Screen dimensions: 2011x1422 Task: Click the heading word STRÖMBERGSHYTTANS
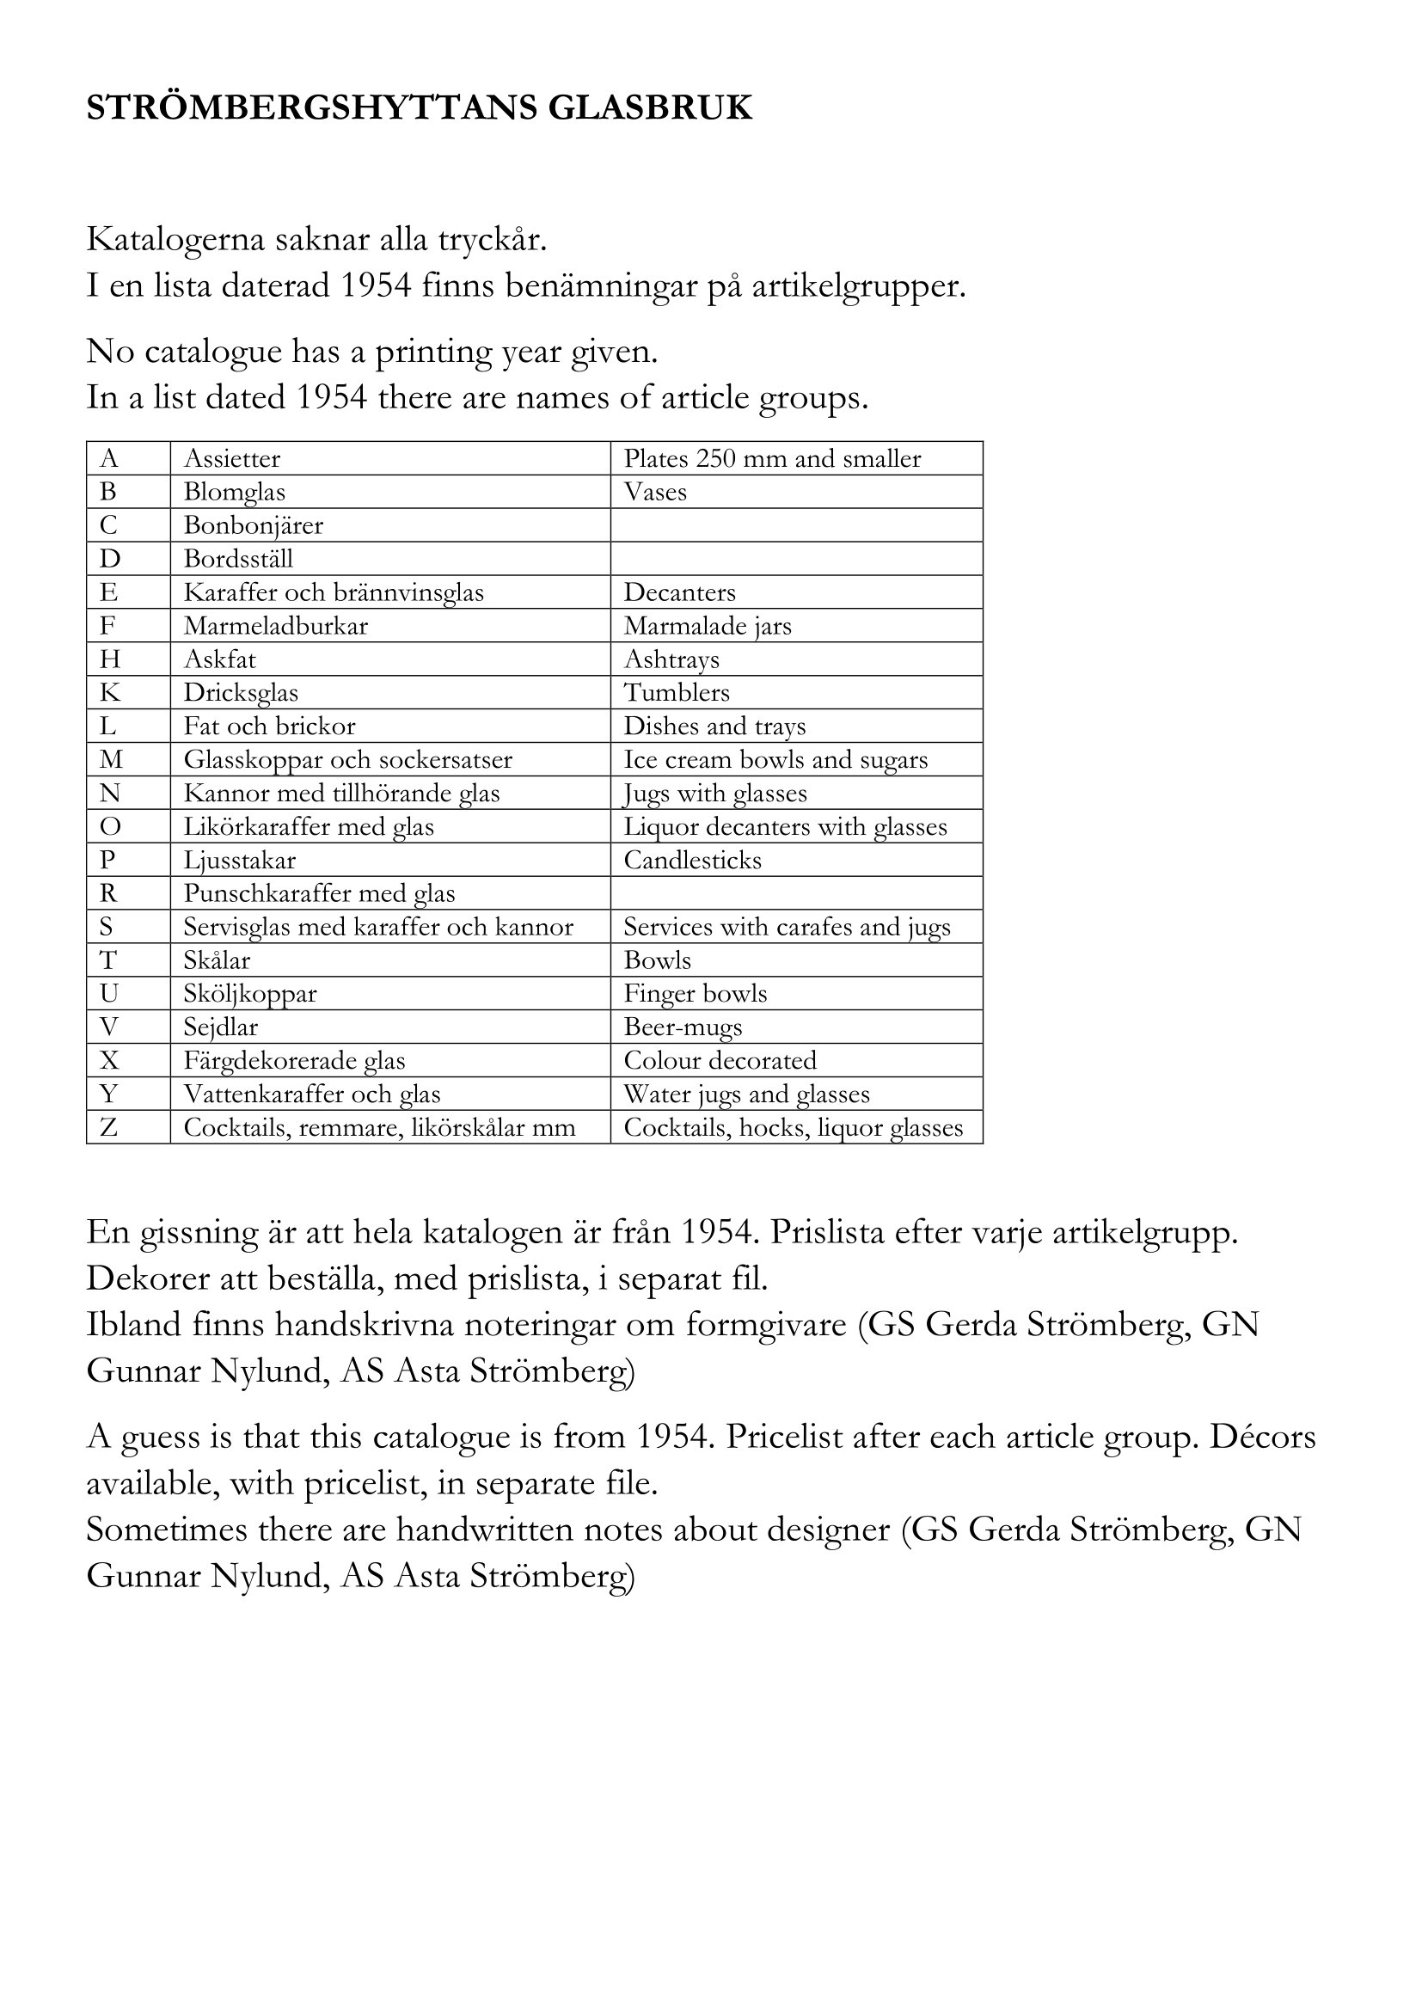click(310, 107)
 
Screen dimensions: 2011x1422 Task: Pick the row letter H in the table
click(109, 659)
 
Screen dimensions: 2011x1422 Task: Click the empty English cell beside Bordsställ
click(796, 559)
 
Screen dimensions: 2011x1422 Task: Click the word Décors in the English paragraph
click(1263, 1438)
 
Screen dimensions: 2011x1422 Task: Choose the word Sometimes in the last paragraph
click(167, 1530)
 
